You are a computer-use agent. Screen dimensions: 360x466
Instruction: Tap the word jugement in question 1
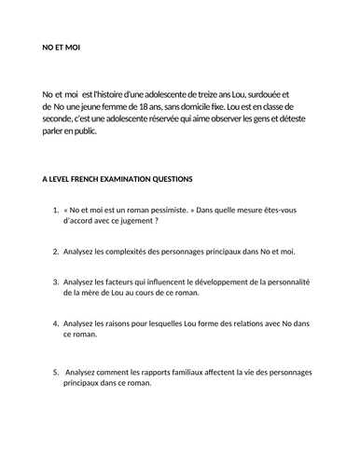tap(133, 223)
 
